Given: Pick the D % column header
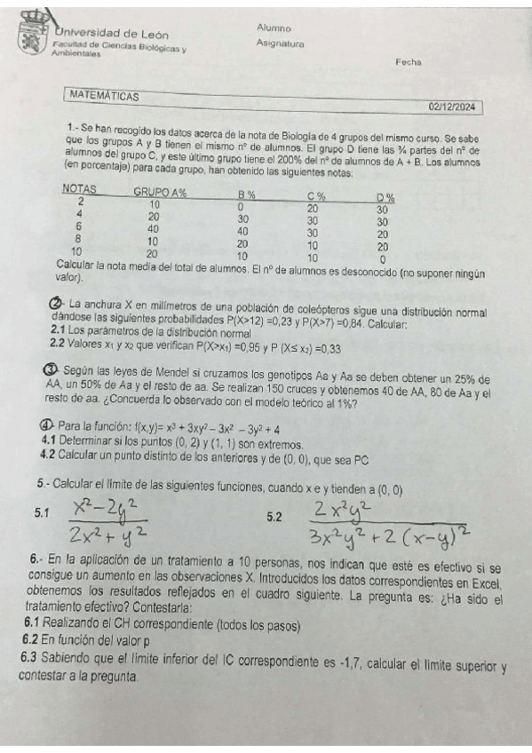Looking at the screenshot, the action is tap(385, 197).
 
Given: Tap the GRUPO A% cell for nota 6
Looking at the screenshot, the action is tap(154, 228).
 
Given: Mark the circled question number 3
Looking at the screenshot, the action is tap(50, 369).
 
